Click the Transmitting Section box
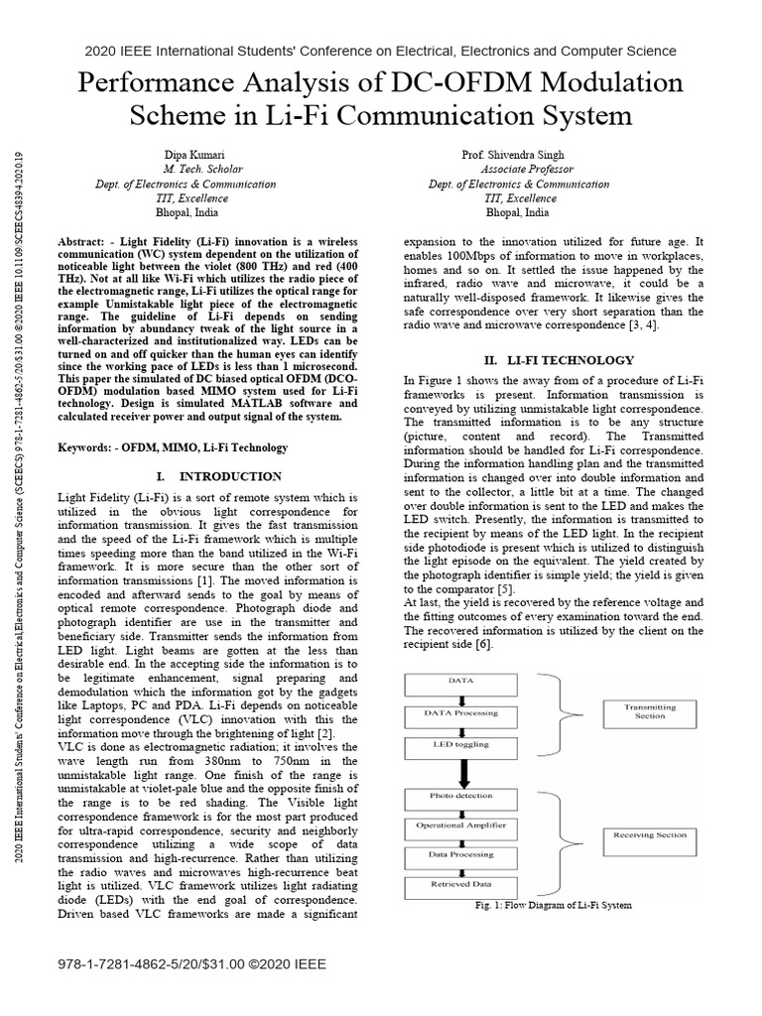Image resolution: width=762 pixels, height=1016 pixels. [650, 711]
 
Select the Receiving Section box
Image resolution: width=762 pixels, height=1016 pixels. [650, 835]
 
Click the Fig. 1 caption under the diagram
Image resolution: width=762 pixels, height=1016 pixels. [554, 905]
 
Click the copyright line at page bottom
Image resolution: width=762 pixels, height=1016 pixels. [192, 963]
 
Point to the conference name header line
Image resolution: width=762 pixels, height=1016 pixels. [381, 51]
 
